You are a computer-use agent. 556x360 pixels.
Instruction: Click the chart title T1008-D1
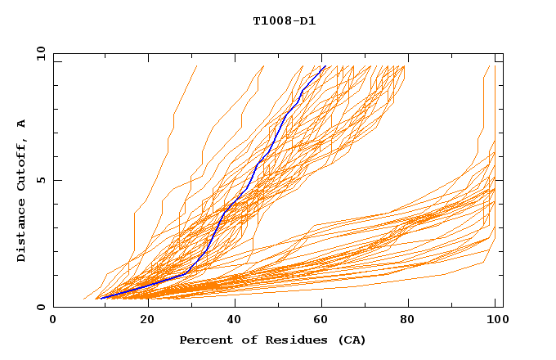coord(284,21)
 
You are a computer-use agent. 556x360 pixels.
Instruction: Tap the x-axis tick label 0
coord(53,321)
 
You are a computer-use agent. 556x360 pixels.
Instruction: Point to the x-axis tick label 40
coord(235,321)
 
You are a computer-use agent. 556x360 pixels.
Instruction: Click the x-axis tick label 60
coord(325,321)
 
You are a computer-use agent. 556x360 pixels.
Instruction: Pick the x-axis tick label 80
coord(414,321)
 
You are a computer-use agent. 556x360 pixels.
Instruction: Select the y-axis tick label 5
coord(40,180)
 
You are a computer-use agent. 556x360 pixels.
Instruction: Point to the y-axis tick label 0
coord(40,307)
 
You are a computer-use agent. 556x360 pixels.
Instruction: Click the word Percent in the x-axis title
coord(204,340)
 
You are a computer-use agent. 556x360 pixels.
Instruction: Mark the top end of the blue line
coord(325,66)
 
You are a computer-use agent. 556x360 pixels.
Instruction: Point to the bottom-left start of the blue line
coord(99,299)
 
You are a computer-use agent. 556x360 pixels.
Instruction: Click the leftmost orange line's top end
coord(197,66)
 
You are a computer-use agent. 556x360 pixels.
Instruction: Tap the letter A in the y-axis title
coord(21,124)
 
